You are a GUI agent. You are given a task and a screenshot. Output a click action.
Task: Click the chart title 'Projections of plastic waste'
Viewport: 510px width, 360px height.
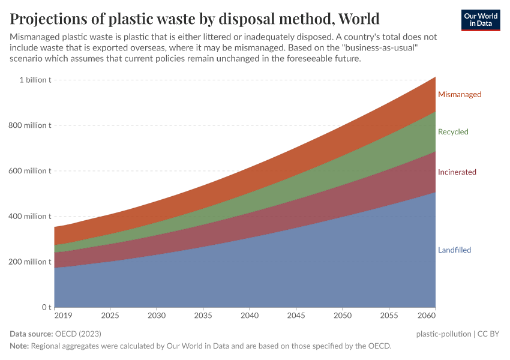[x=194, y=17]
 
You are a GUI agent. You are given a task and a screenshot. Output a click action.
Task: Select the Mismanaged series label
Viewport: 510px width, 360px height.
[x=460, y=94]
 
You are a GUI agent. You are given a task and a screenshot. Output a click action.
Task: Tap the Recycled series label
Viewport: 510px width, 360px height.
[x=453, y=132]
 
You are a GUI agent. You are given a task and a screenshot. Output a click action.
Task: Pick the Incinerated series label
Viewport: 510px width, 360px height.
[x=457, y=172]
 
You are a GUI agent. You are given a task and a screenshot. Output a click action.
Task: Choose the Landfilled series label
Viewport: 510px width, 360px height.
[x=454, y=250]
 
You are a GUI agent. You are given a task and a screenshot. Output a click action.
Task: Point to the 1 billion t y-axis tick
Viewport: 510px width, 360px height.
[x=35, y=80]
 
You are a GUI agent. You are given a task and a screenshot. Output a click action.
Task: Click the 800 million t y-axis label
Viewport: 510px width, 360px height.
[x=30, y=125]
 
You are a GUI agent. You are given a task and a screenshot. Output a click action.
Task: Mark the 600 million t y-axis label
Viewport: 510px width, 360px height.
[x=30, y=171]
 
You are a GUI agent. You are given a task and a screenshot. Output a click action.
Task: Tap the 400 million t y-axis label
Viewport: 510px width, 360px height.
[x=30, y=217]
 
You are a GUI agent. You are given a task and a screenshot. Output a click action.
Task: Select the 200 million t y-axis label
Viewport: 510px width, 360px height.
[x=30, y=262]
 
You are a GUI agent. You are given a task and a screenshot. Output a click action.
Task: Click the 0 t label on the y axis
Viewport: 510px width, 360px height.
[x=46, y=307]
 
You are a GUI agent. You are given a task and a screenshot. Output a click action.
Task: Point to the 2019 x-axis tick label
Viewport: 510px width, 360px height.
[x=62, y=316]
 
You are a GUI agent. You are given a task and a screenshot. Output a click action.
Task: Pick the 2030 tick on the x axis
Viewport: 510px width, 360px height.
[x=157, y=316]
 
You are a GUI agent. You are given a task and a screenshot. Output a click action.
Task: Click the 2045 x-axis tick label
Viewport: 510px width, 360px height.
[x=296, y=316]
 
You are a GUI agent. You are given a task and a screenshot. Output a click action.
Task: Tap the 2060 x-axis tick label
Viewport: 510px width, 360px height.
[x=427, y=316]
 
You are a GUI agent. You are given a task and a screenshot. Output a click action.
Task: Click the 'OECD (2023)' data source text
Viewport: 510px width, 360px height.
[x=77, y=334]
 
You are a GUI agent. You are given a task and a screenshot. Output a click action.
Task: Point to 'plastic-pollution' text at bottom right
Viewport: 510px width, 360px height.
[x=443, y=334]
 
